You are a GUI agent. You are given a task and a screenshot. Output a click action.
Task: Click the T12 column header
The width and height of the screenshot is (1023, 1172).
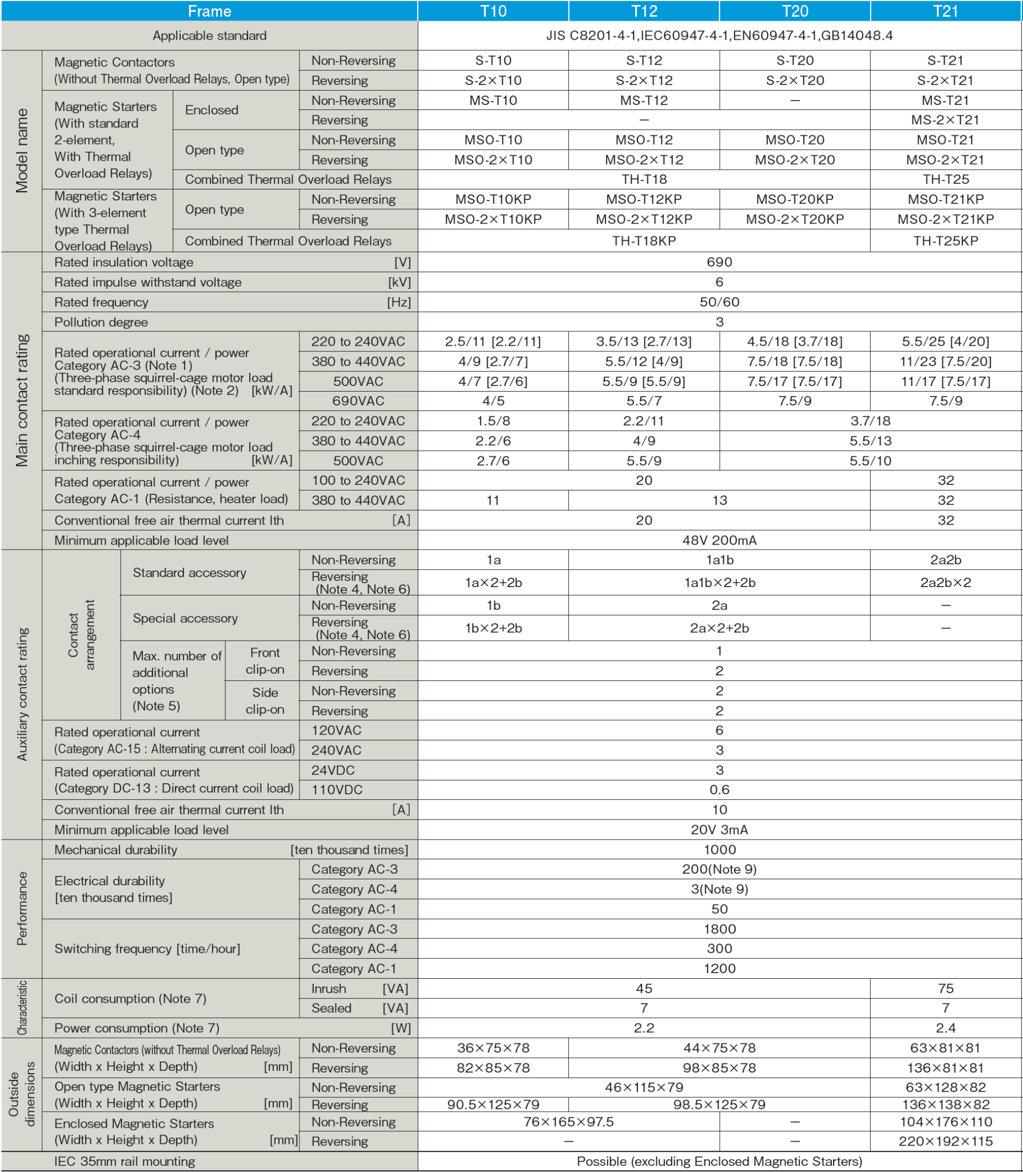click(x=644, y=12)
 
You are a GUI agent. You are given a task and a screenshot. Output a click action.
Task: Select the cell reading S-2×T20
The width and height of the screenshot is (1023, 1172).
click(x=795, y=81)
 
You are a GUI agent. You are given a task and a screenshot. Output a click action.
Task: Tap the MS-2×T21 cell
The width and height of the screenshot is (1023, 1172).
click(x=945, y=120)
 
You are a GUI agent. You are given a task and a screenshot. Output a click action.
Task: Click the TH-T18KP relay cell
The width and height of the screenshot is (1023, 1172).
click(x=644, y=241)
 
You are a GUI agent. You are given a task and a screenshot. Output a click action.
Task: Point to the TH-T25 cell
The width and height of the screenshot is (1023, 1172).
click(x=945, y=180)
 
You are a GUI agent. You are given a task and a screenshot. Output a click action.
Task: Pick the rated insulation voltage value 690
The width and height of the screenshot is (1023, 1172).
click(x=719, y=262)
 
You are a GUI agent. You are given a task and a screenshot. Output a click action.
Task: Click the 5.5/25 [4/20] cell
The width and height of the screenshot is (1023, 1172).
click(x=945, y=341)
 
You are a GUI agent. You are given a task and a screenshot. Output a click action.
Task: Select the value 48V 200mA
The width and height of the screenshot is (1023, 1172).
click(x=719, y=540)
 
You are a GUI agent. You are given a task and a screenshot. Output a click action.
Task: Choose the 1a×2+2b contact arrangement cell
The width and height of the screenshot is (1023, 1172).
click(x=493, y=582)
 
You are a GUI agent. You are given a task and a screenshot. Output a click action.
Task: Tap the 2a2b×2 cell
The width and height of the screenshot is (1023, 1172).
click(x=945, y=582)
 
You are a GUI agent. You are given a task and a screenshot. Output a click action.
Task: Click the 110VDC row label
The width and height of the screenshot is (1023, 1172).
click(x=337, y=789)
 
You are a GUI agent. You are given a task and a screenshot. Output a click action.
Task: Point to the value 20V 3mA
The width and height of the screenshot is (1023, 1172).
click(x=719, y=830)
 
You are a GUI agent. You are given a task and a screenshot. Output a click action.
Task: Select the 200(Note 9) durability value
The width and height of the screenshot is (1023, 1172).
click(x=719, y=869)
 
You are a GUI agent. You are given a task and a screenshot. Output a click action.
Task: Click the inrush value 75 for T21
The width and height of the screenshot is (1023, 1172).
click(x=945, y=988)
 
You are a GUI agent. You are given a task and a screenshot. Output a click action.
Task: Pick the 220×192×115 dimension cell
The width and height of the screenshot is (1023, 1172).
click(x=945, y=1141)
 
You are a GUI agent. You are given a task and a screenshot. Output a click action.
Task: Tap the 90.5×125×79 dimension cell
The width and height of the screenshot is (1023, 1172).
click(x=493, y=1105)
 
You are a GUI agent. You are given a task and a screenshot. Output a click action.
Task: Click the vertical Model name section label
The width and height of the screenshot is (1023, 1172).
click(x=22, y=151)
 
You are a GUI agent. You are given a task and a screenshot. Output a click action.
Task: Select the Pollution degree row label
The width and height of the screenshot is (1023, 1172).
click(x=101, y=322)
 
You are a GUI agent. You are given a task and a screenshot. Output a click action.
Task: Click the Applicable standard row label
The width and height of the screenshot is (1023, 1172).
click(x=209, y=35)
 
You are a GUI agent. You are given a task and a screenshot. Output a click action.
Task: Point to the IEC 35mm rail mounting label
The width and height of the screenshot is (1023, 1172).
click(x=124, y=1161)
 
